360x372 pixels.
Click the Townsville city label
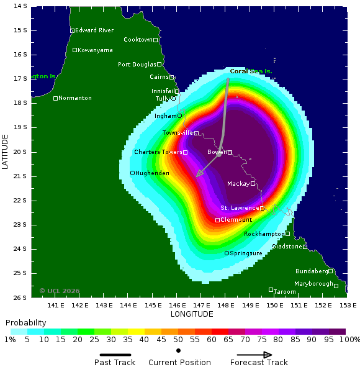tap(178, 133)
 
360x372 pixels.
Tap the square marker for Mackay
tap(253, 183)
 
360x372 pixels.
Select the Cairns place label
tap(159, 77)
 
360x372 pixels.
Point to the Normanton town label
tap(74, 98)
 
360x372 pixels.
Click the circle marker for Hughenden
tap(132, 173)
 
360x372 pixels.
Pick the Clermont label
tap(236, 220)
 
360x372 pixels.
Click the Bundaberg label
tap(311, 271)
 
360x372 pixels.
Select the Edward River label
tap(94, 30)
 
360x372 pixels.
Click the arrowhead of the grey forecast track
tap(198, 175)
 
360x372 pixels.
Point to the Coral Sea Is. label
tap(251, 71)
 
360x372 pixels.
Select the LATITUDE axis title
tap(5, 152)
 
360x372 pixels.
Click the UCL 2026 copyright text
tap(60, 291)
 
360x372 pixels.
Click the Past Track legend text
tap(115, 363)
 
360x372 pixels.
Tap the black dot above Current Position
tap(179, 350)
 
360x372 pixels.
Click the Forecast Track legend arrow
tap(251, 355)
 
